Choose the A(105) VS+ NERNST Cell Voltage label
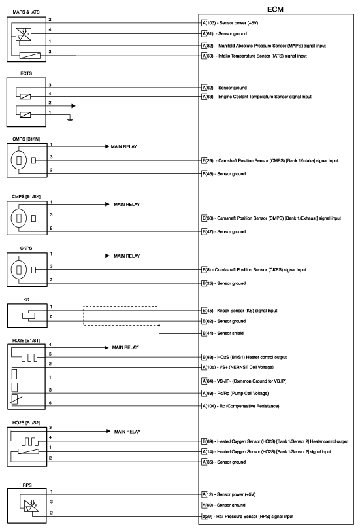(245, 368)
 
